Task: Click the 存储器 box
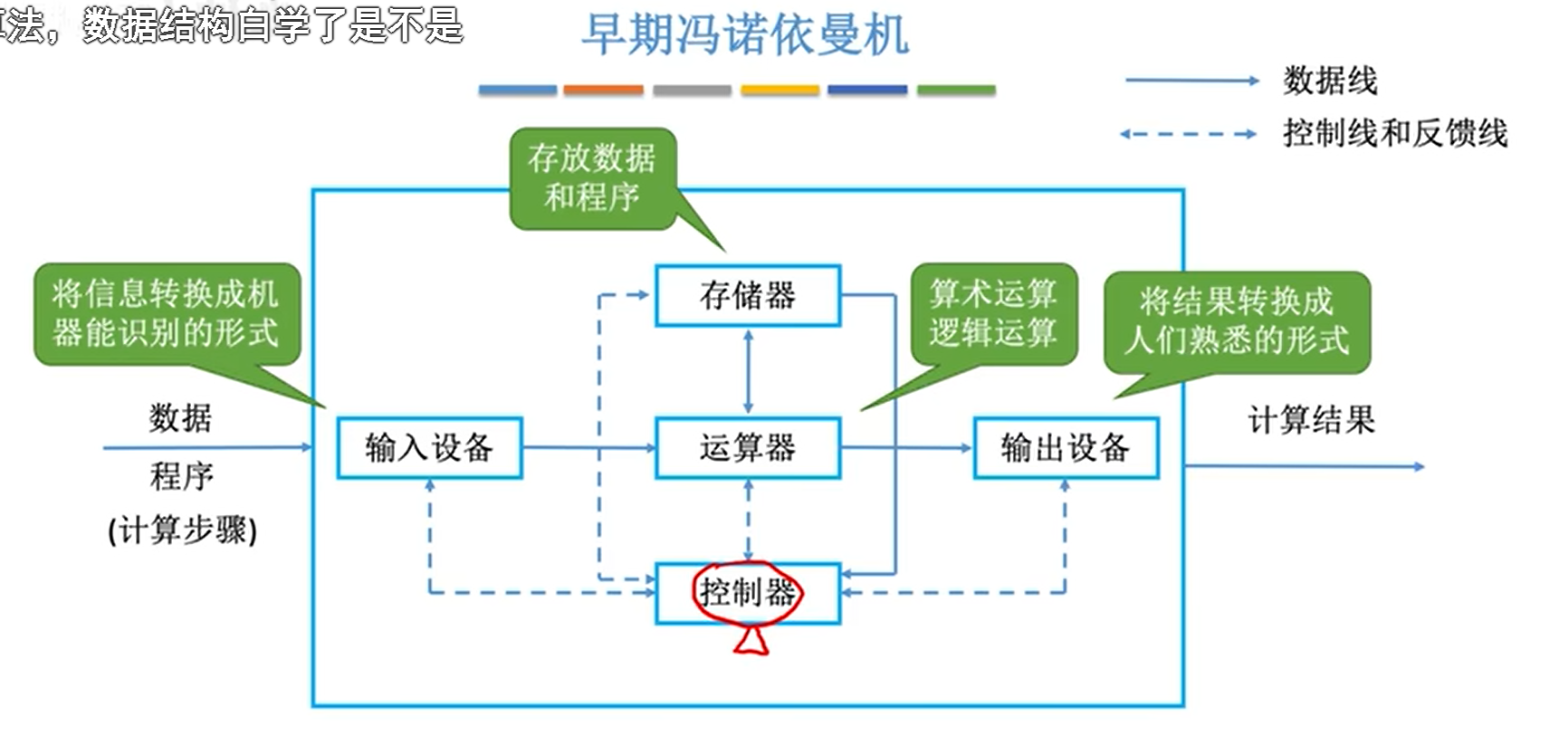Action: tap(748, 295)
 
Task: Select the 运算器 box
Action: tap(748, 447)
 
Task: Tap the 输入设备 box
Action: tap(429, 447)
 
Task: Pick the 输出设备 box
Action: tap(1066, 447)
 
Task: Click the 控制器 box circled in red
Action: tap(748, 593)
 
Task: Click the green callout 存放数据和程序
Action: tap(592, 177)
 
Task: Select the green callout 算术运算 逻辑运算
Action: tap(993, 313)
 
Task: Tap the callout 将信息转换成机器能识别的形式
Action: tap(167, 313)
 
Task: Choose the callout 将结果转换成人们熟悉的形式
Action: tap(1237, 321)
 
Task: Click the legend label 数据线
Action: tap(1330, 81)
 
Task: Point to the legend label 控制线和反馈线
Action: tap(1395, 133)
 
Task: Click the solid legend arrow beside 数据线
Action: tap(1191, 81)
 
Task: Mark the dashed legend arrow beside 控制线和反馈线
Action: tap(1188, 134)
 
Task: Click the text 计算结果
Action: tap(1311, 420)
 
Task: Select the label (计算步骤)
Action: tap(182, 530)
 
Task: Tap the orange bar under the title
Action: tap(603, 90)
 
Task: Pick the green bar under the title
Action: tap(956, 90)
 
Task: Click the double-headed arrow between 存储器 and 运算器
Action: tap(748, 371)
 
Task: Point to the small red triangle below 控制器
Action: tap(751, 642)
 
